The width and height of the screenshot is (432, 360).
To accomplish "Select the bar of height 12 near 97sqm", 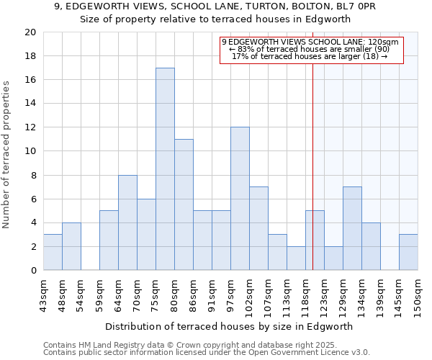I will (240, 199).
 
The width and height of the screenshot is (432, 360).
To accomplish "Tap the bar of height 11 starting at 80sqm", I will (184, 204).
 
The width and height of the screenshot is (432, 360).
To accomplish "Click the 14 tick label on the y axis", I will (30, 104).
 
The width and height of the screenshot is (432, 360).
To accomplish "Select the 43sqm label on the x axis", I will (43, 294).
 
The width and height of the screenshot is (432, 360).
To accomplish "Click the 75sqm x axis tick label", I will (156, 294).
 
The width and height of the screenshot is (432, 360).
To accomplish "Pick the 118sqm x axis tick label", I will (305, 294).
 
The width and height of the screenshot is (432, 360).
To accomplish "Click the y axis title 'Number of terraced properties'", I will (6, 155).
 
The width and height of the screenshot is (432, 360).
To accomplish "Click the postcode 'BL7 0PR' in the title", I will (358, 6).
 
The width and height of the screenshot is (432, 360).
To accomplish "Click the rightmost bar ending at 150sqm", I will (408, 252).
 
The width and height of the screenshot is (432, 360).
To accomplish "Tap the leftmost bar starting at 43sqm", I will (53, 252).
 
